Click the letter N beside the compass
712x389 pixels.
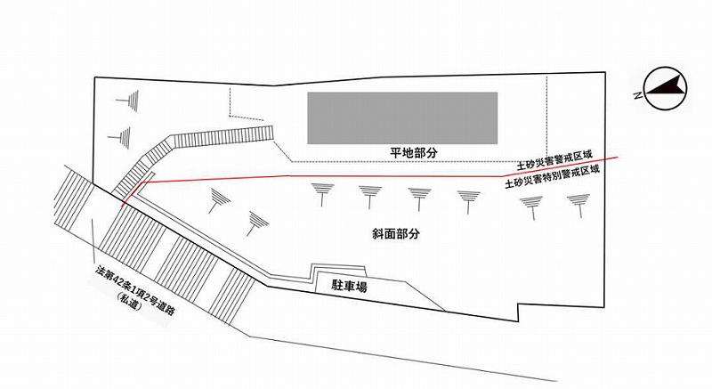[x=639, y=93]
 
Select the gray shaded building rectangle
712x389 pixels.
[x=402, y=118]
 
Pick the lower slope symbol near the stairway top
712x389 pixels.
[x=120, y=137]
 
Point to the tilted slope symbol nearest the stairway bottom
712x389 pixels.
[x=214, y=201]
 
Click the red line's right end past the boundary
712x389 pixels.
[x=630, y=159]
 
